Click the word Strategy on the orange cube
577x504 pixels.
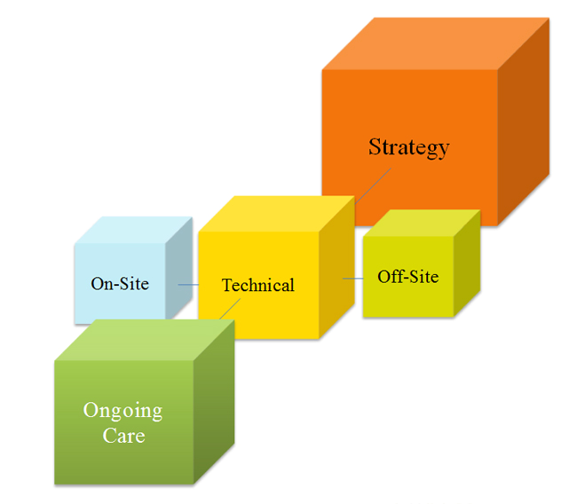[x=408, y=147]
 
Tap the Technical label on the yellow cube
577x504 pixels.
[x=257, y=285]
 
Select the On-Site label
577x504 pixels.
[x=120, y=284]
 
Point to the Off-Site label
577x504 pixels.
[x=407, y=277]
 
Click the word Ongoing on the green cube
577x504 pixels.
[x=123, y=411]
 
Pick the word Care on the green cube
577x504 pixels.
[x=123, y=436]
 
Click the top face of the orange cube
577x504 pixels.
[x=435, y=43]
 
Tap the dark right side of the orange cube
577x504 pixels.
[x=523, y=124]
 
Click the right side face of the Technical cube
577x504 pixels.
[x=336, y=271]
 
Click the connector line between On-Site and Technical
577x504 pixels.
[x=187, y=285]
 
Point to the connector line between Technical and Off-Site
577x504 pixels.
[x=352, y=279]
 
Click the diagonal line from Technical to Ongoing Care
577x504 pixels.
[x=228, y=309]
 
